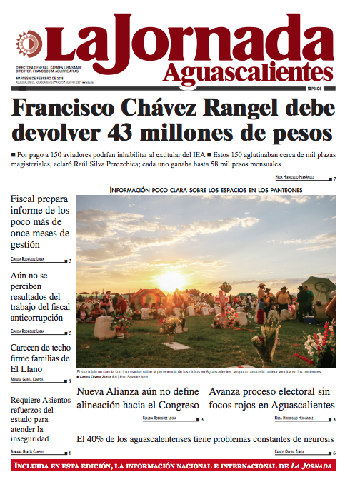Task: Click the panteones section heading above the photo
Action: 206,189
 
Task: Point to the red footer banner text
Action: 180,466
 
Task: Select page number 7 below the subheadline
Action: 334,177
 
